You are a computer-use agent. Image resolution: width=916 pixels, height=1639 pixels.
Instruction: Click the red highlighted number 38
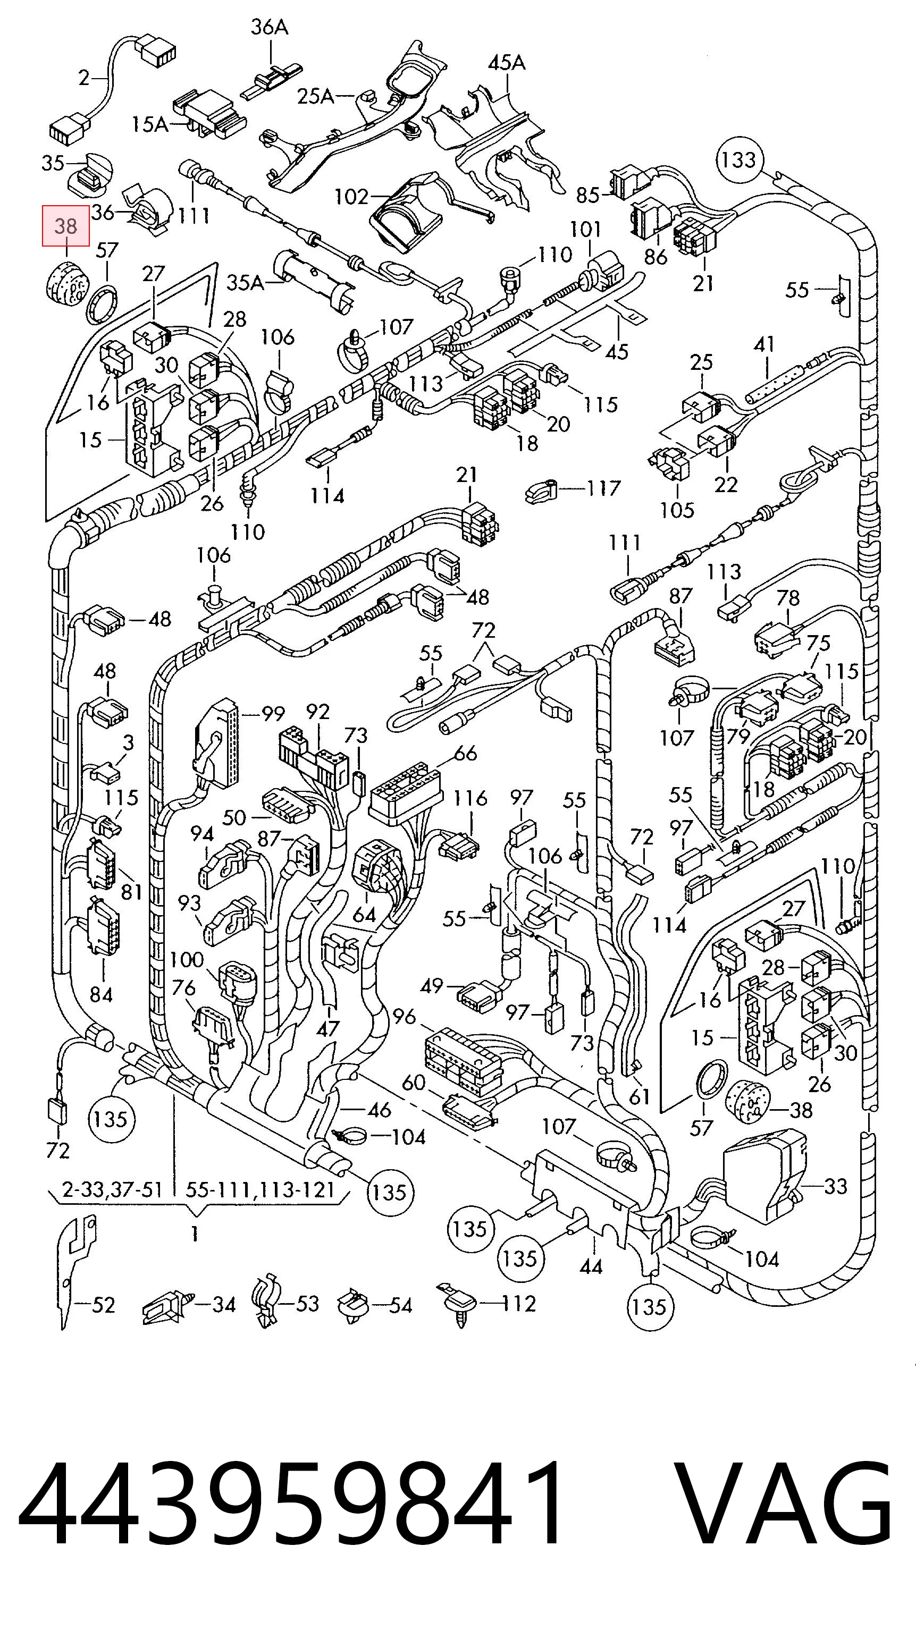tap(65, 226)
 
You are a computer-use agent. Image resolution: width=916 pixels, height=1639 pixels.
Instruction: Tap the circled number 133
tap(739, 159)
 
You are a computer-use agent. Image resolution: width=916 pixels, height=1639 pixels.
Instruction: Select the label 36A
tap(269, 27)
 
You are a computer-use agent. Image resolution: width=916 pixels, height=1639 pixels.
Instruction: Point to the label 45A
tap(507, 63)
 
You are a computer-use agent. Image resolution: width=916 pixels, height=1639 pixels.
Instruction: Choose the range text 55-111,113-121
tap(260, 1189)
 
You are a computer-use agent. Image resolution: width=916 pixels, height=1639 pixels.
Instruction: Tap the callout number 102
tap(351, 197)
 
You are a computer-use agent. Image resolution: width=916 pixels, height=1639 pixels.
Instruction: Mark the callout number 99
tap(273, 714)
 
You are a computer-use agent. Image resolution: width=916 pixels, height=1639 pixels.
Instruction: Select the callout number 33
tap(835, 1187)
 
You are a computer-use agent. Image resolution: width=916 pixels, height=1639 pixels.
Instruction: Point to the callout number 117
tap(603, 488)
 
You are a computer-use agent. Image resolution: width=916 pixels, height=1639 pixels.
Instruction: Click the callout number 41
tap(764, 344)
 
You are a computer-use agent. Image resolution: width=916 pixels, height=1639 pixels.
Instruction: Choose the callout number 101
tap(585, 230)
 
